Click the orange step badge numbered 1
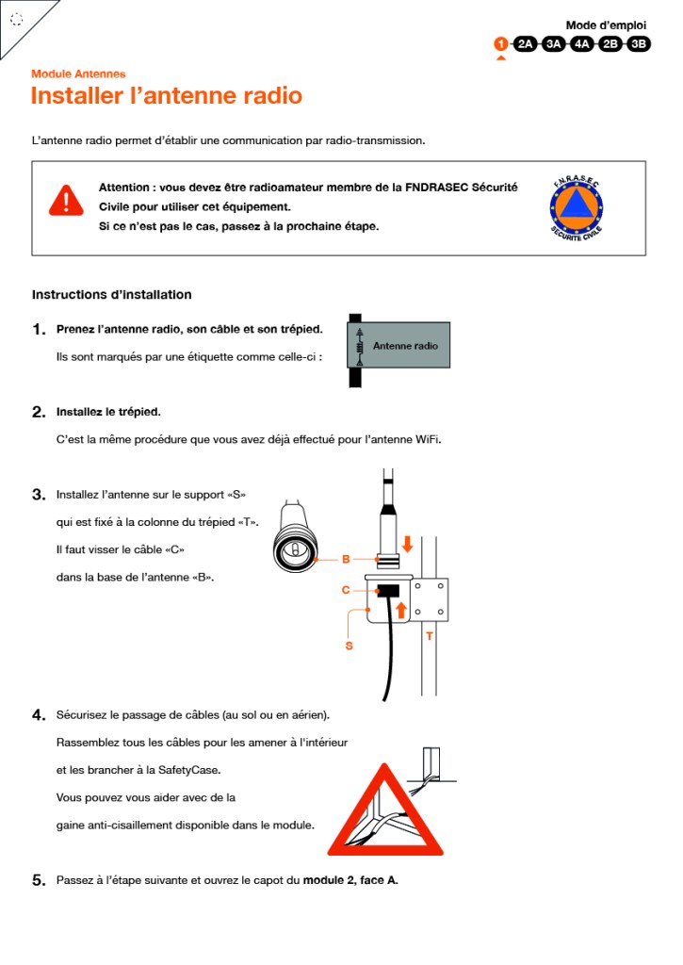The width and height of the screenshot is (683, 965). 501,43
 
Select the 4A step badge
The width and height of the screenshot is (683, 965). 582,43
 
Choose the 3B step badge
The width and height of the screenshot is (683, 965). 639,43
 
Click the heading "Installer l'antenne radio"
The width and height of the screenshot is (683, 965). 167,96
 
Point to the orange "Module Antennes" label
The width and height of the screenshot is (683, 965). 78,74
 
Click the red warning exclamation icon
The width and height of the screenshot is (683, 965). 66,200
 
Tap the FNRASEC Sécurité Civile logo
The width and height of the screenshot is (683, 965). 577,207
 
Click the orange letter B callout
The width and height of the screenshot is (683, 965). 346,560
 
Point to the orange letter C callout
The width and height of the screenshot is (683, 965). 346,591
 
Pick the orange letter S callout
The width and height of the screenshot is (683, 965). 349,646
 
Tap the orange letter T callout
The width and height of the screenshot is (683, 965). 429,636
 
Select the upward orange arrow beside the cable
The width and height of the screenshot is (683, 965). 400,609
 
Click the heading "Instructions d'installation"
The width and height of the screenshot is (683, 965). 112,295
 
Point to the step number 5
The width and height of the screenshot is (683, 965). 39,881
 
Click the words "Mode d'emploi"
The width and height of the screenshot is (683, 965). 606,25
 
